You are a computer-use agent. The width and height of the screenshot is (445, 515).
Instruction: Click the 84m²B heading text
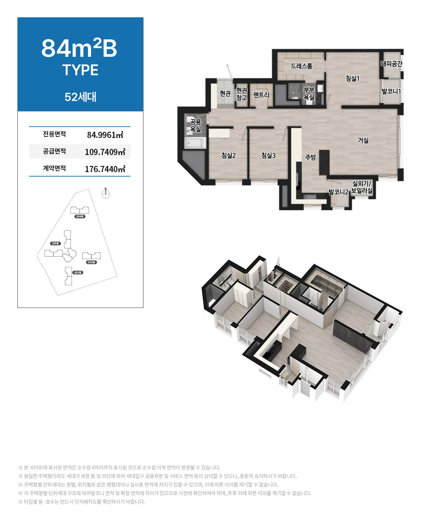point(79,48)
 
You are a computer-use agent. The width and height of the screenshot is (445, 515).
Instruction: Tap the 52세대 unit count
point(80,97)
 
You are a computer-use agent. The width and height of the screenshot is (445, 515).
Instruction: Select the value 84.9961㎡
point(105,135)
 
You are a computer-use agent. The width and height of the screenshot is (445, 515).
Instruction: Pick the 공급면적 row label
point(54,151)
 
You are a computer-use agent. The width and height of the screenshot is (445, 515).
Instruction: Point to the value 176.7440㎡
point(105,169)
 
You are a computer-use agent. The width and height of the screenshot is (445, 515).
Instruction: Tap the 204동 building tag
point(80,217)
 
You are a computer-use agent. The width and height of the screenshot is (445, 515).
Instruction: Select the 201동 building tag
point(55,243)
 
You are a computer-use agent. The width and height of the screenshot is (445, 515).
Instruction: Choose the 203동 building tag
point(91,262)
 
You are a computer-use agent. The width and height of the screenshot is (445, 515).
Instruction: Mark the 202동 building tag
point(77,273)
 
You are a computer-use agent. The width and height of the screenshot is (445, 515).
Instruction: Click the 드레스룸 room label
point(302,66)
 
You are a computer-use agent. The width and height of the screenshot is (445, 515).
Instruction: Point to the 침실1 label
point(352,78)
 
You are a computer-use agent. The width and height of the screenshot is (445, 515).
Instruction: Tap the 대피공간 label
point(391,64)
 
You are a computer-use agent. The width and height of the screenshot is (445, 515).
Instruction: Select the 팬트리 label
point(261,95)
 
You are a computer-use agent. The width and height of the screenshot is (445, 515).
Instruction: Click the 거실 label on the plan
point(363,140)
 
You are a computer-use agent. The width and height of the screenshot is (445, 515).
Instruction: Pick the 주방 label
point(310,157)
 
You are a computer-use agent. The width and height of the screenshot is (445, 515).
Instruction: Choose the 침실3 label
point(268,155)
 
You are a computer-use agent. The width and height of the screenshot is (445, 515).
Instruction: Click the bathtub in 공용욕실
point(195,143)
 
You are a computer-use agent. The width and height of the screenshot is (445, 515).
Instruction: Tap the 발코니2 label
point(338,192)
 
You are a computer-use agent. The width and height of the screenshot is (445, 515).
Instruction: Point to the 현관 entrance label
point(225,93)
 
